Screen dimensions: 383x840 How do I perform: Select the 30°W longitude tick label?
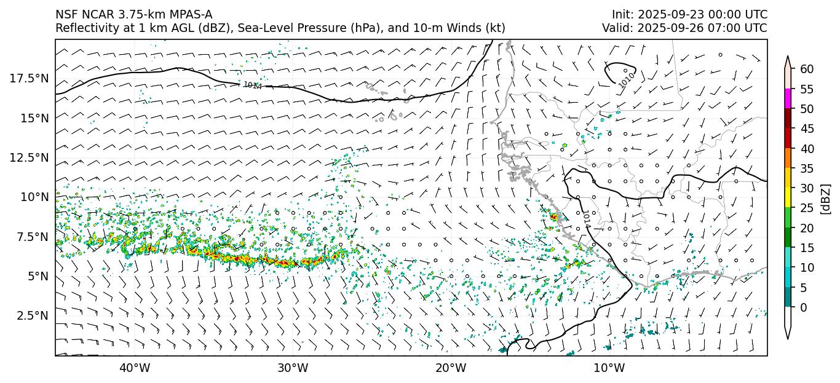click(x=293, y=368)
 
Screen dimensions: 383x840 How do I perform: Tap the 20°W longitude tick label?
click(x=451, y=368)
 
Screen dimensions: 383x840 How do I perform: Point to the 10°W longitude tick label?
click(x=609, y=368)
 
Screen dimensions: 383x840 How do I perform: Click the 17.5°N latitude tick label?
click(x=30, y=78)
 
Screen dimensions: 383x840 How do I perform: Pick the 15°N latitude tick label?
click(x=34, y=117)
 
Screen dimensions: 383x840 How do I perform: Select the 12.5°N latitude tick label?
click(x=30, y=157)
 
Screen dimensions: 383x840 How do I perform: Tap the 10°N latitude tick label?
click(x=34, y=197)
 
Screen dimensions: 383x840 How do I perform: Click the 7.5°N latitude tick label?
click(x=32, y=237)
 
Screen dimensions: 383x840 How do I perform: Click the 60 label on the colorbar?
click(x=807, y=69)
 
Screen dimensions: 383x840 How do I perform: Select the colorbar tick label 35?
click(x=807, y=168)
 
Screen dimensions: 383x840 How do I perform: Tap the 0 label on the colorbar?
click(x=804, y=307)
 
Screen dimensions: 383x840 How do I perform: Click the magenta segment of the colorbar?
click(x=787, y=99)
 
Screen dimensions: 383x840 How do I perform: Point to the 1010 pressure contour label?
click(x=627, y=79)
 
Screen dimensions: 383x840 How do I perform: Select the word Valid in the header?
click(x=616, y=28)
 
